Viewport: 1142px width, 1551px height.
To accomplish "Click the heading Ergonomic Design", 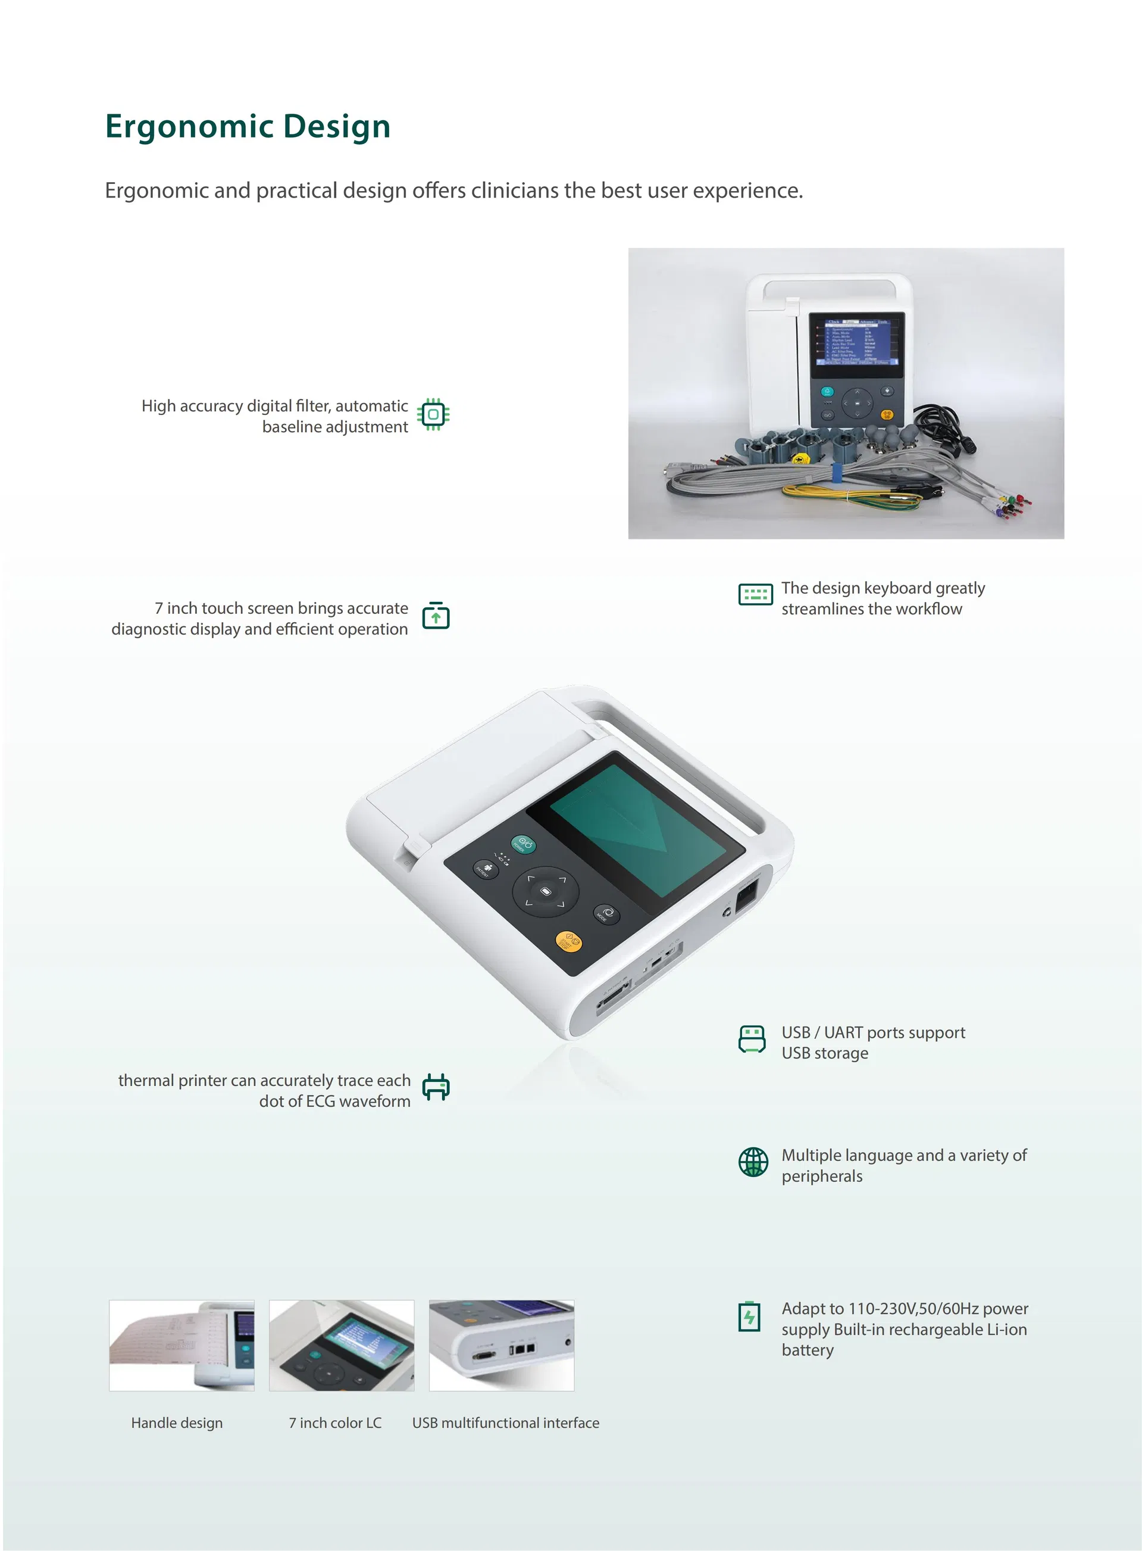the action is point(248,127).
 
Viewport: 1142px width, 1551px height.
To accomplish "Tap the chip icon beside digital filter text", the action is point(433,414).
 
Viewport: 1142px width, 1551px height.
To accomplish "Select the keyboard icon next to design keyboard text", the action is point(756,594).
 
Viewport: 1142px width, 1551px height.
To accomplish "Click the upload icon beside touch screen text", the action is point(436,614).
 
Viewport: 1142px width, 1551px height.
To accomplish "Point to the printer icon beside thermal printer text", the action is point(436,1087).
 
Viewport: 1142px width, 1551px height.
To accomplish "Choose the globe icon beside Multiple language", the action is point(753,1162).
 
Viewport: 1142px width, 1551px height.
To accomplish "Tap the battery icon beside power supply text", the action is point(749,1316).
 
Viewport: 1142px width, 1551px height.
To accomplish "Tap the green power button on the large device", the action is point(523,844).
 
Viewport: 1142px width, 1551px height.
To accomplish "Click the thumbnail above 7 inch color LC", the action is point(342,1345).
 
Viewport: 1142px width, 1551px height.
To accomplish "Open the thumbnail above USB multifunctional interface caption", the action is point(502,1345).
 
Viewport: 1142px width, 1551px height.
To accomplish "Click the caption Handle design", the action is point(177,1422).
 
